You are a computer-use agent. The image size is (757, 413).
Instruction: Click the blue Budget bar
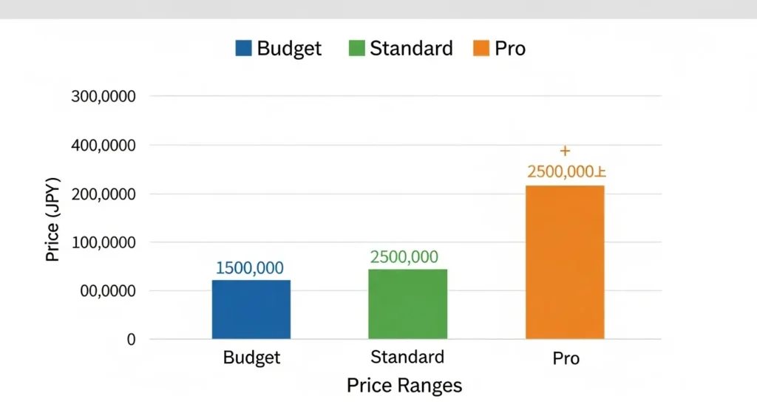[251, 310]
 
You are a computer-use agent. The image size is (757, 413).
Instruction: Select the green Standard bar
[408, 304]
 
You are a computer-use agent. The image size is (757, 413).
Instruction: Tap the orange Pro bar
[565, 262]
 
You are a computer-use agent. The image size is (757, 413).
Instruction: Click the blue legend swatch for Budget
[244, 49]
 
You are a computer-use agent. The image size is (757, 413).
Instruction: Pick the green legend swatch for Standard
[356, 49]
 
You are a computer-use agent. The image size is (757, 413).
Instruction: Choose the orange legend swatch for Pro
[481, 49]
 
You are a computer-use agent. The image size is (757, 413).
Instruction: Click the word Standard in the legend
[411, 49]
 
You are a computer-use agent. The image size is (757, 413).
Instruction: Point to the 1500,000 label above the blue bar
[250, 268]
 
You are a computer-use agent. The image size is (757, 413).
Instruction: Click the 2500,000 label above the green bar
[404, 257]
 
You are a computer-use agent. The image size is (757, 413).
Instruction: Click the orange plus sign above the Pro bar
[565, 151]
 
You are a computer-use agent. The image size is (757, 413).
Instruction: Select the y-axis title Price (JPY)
[52, 219]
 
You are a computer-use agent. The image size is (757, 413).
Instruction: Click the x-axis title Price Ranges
[404, 385]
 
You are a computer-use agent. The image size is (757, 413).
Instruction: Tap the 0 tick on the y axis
[132, 340]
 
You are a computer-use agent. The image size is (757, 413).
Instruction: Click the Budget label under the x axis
[251, 358]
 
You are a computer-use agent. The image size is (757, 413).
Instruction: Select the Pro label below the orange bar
[566, 359]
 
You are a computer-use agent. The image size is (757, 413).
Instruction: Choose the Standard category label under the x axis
[407, 358]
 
